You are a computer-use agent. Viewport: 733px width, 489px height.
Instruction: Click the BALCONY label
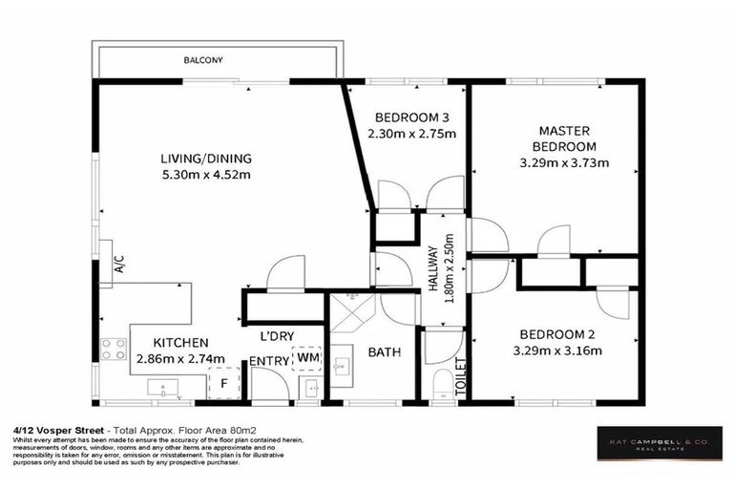(204, 60)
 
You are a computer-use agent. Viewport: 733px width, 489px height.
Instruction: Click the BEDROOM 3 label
(411, 117)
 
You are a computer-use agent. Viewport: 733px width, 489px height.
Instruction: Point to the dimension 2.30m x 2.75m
(411, 134)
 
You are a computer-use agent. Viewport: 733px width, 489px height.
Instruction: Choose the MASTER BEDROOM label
(564, 138)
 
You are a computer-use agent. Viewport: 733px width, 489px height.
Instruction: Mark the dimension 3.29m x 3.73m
(564, 162)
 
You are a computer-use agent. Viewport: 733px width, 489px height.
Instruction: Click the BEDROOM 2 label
(557, 334)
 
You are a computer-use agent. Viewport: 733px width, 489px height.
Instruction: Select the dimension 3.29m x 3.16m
(557, 351)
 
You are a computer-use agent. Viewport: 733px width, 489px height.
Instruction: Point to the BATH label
(385, 352)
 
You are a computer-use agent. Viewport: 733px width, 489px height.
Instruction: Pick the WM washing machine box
(307, 357)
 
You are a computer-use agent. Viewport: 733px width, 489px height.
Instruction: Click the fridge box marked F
(223, 384)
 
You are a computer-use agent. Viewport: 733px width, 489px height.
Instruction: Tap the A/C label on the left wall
(118, 264)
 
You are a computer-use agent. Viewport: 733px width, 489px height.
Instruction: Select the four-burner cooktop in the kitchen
(115, 350)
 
